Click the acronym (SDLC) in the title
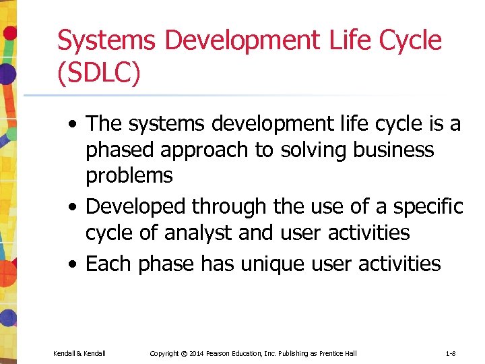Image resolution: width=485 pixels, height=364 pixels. coord(99,73)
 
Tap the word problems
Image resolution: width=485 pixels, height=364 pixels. coord(129,176)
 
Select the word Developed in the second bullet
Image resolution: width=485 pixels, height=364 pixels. coord(138,206)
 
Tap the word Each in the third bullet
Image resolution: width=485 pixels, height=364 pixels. coord(109,264)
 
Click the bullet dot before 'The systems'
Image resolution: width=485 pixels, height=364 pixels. coord(74,125)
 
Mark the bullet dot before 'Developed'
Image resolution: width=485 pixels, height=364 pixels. coord(74,207)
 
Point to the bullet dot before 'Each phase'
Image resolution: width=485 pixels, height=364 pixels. coord(74,264)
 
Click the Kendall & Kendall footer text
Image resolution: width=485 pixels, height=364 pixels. coord(79,353)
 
